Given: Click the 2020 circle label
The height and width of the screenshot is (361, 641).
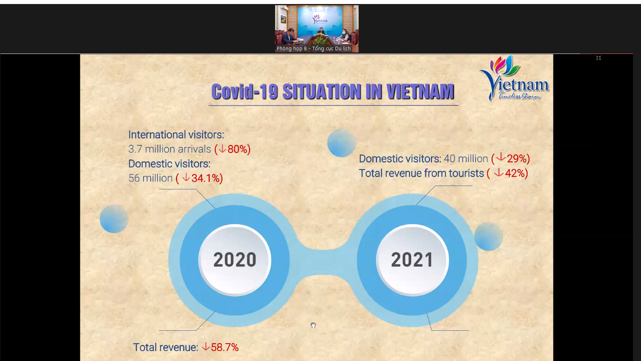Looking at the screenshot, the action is [x=235, y=260].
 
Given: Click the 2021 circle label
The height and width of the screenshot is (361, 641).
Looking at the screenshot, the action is [x=412, y=260].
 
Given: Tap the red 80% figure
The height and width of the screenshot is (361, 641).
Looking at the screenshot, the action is [x=237, y=149].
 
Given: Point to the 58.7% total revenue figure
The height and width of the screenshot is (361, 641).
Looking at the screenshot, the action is [x=225, y=348].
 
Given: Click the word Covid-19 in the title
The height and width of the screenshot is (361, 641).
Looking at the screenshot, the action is [x=245, y=92].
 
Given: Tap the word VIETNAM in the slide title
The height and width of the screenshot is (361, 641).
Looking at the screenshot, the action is [x=421, y=92].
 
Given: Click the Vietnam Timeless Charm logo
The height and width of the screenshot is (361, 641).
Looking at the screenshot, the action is [x=514, y=78].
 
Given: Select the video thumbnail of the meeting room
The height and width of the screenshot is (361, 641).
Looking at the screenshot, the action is [x=317, y=29].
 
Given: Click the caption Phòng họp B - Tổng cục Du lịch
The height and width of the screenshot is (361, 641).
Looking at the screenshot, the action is [x=314, y=49].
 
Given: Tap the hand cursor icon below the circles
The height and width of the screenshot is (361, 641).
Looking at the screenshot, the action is [x=313, y=325].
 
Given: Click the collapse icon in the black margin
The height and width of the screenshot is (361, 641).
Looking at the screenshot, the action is [x=598, y=58].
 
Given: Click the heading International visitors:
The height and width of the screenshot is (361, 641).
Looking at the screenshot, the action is [x=176, y=135].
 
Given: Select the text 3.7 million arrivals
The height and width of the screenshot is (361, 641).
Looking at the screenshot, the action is [x=170, y=149].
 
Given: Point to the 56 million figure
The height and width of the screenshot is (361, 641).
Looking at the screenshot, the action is [x=151, y=178].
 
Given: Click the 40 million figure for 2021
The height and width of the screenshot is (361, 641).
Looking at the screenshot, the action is [x=466, y=159].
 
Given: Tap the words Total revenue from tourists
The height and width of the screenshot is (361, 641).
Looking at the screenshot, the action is [x=421, y=173].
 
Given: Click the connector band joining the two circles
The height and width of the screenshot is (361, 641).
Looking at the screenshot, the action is [x=323, y=262].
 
